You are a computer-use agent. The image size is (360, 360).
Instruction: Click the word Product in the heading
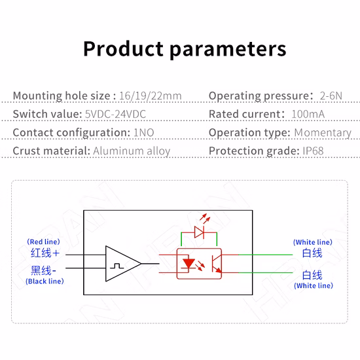tap(123, 48)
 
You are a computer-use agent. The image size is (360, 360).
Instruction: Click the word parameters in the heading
tap(228, 50)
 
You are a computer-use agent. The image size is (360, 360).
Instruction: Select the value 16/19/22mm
tap(151, 96)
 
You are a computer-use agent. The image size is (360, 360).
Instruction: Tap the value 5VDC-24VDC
tap(115, 114)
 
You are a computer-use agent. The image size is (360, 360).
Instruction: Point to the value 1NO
tap(144, 133)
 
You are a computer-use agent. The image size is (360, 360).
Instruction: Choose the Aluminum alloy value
tap(132, 151)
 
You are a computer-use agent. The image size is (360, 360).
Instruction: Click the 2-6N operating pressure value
tap(331, 96)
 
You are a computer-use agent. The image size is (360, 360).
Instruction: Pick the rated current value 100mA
tap(308, 114)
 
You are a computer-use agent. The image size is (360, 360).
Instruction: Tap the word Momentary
tap(323, 133)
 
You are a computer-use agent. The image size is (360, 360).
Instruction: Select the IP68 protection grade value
tap(313, 151)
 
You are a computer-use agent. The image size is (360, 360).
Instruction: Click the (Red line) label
tap(43, 242)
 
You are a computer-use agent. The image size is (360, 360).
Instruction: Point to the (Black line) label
tap(45, 281)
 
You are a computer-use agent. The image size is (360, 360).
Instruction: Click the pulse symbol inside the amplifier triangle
tap(117, 266)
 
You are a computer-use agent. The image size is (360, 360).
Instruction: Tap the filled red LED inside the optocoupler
tap(189, 264)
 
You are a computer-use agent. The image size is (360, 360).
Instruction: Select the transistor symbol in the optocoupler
tap(216, 264)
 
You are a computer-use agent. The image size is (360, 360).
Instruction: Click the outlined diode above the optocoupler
tap(199, 232)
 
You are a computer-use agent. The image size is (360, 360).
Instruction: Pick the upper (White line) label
tap(313, 242)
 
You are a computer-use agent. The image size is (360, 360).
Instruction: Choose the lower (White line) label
tap(314, 285)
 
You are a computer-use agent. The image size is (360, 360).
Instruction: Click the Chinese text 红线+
tap(45, 253)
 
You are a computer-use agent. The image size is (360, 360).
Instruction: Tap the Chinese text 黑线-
tap(43, 270)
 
